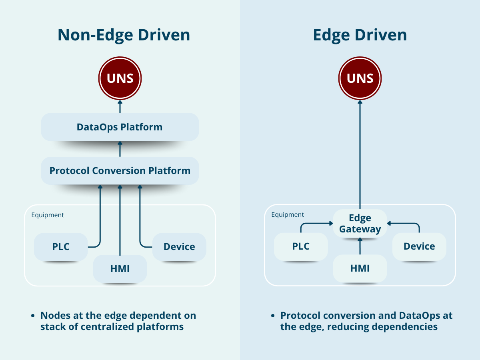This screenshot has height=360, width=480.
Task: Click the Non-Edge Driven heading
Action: [x=124, y=35]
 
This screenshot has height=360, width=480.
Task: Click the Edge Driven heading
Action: [x=360, y=35]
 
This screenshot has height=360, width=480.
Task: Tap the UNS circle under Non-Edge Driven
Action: [x=120, y=78]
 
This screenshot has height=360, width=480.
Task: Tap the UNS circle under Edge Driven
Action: [x=360, y=78]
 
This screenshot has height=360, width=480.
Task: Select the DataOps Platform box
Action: [x=120, y=127]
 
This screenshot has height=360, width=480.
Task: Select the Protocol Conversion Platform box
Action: [x=120, y=171]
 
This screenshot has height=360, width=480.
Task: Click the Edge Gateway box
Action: [x=360, y=224]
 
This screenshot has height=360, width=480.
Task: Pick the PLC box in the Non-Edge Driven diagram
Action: [x=61, y=247]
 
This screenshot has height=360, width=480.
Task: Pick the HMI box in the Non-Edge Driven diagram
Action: [x=120, y=268]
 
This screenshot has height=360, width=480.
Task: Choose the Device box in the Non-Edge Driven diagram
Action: [x=179, y=247]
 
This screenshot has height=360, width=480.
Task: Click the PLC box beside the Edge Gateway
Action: [x=301, y=246]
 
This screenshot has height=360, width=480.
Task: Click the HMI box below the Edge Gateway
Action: [x=360, y=268]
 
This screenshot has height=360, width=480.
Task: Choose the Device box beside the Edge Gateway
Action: [x=419, y=246]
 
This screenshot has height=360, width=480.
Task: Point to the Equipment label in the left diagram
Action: [x=48, y=215]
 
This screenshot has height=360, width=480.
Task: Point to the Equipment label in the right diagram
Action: [x=288, y=215]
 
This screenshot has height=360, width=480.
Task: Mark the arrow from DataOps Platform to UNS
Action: [x=120, y=106]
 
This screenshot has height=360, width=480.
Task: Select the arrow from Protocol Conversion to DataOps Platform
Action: [x=120, y=149]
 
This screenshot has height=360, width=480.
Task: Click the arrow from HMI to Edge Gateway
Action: [x=360, y=246]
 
